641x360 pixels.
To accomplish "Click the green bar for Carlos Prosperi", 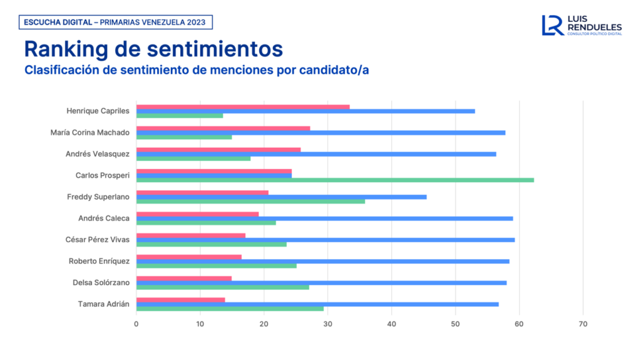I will pyautogui.click(x=335, y=180).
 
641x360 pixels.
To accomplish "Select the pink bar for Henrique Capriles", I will pyautogui.click(x=243, y=106).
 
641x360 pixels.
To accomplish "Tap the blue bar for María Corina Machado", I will pyautogui.click(x=320, y=133).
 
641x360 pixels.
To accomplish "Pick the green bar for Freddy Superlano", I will pyautogui.click(x=250, y=201).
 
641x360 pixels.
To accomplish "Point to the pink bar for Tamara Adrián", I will pyautogui.click(x=180, y=299).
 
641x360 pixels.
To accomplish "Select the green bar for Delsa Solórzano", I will pyautogui.click(x=222, y=287).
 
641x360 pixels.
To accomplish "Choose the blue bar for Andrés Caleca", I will pyautogui.click(x=324, y=219).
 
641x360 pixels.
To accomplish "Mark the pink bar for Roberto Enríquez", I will pyautogui.click(x=188, y=257).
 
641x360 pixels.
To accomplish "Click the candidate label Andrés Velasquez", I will pyautogui.click(x=98, y=154).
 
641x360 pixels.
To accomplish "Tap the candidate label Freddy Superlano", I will pyautogui.click(x=98, y=197).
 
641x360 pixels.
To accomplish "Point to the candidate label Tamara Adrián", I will pyautogui.click(x=104, y=304).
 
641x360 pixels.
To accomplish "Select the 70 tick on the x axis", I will pyautogui.click(x=583, y=324).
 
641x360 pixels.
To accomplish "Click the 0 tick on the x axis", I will pyautogui.click(x=136, y=324).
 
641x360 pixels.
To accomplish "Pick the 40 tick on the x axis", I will pyautogui.click(x=392, y=324).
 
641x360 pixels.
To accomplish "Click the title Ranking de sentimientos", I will pyautogui.click(x=153, y=49).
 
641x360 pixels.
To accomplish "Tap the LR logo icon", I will pyautogui.click(x=552, y=25).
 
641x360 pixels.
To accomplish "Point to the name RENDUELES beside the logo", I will pyautogui.click(x=594, y=27).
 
